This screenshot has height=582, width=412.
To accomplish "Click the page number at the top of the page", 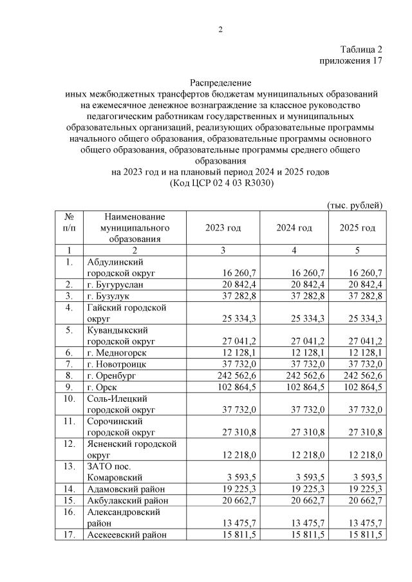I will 220,29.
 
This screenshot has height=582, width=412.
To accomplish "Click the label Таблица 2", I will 360,50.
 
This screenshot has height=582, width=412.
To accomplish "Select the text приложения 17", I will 351,61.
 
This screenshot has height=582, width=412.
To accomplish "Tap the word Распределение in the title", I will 220,83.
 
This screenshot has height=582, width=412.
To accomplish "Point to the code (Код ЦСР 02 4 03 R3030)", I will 221,183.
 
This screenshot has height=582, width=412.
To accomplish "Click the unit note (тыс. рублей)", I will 355,205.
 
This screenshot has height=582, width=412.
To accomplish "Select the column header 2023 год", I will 223,229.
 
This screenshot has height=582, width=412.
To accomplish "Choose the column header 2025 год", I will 357,229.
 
